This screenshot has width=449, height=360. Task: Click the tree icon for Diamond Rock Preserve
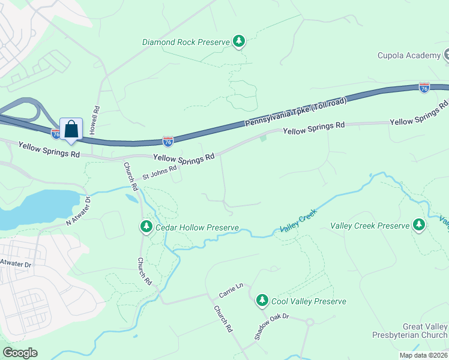pos(240,41)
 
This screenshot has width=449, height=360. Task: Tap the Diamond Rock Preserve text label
pos(186,42)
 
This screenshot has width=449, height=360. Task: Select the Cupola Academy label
pos(409,56)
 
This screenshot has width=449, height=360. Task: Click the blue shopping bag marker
pos(71,129)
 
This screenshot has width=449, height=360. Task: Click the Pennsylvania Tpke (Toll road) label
pos(295,112)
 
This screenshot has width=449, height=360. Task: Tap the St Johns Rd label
pos(159,173)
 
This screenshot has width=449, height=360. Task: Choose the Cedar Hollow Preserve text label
pos(197,228)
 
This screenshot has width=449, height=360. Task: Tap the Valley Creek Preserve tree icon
pos(419,226)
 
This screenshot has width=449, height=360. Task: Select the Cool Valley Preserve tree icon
pos(262,300)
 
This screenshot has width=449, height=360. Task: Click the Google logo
pos(20,352)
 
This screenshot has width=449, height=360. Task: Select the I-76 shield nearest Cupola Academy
pos(424,88)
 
